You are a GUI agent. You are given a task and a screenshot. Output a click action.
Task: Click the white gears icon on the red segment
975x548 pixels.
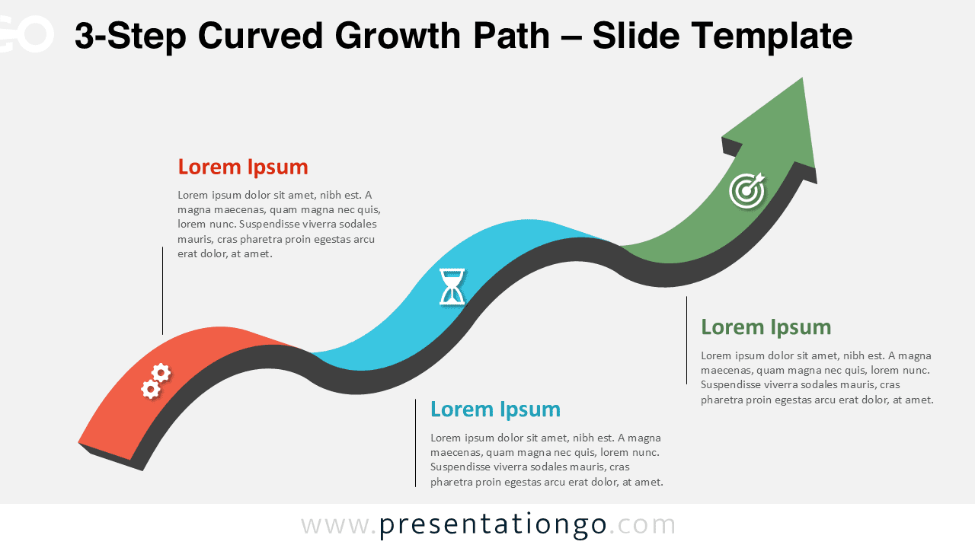(x=155, y=381)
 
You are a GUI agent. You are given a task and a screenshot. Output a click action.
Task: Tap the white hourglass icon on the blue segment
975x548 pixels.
(x=452, y=287)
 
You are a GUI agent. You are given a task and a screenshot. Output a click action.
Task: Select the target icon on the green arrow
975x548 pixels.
(x=746, y=190)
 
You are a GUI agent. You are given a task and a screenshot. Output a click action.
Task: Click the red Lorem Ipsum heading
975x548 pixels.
(x=243, y=167)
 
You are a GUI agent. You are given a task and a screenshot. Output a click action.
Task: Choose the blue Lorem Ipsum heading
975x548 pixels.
(x=495, y=409)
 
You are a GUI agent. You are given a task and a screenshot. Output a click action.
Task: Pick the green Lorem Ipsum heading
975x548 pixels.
(x=766, y=327)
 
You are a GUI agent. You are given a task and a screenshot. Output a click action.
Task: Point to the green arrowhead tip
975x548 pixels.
(x=801, y=79)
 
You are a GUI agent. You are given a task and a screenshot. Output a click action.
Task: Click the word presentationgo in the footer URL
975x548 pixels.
(x=493, y=525)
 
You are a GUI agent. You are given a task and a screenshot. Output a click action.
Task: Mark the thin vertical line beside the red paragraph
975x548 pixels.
(x=162, y=290)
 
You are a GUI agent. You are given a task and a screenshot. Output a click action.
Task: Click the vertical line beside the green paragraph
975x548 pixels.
(x=686, y=340)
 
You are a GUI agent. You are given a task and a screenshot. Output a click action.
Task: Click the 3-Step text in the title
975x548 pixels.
(x=129, y=35)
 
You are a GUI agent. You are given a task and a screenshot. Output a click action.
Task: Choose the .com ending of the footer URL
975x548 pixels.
(x=643, y=525)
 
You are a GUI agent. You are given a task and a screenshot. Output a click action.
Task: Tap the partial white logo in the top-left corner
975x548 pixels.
(x=27, y=34)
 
